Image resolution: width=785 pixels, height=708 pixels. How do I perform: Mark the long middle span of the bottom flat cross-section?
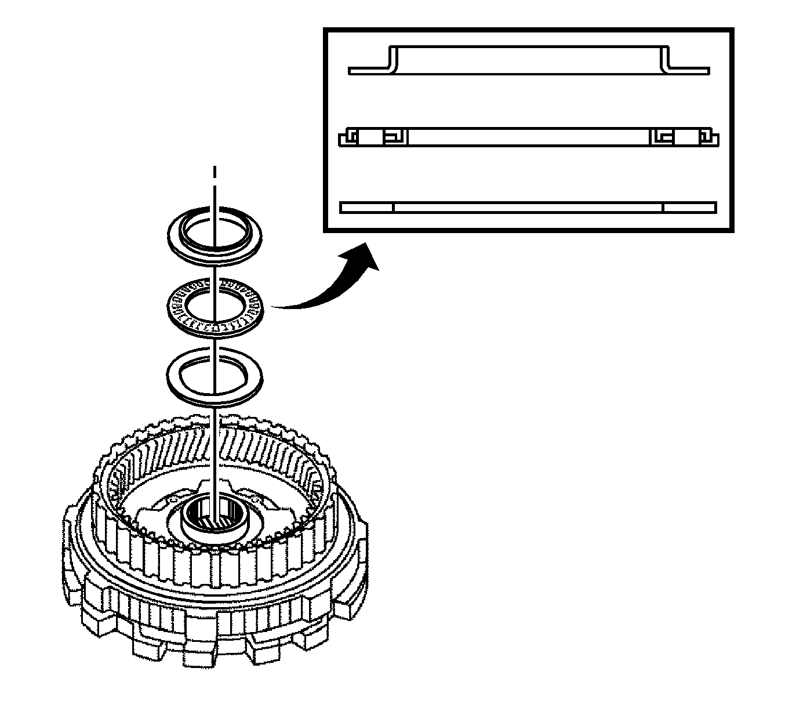point(528,208)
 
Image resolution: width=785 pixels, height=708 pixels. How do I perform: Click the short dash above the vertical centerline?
point(215,172)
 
